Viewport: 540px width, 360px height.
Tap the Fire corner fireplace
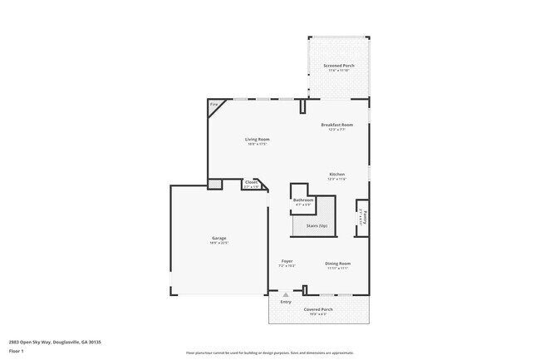[x=214, y=105]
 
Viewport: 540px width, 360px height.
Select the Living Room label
[x=257, y=139]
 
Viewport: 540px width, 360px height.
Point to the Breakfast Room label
[x=336, y=125]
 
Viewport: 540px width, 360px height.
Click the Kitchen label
[x=336, y=174]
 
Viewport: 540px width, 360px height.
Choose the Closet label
[x=251, y=181]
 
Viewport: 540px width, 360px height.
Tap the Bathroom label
[x=303, y=200]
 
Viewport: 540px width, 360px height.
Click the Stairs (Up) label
[x=317, y=225]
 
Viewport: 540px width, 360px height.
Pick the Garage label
[x=218, y=238]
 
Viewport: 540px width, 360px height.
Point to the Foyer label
[x=287, y=261]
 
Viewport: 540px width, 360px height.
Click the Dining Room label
[x=337, y=264]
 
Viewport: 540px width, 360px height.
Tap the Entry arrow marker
[x=286, y=294]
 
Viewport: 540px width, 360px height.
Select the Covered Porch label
[x=319, y=308]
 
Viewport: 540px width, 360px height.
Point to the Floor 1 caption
[x=16, y=351]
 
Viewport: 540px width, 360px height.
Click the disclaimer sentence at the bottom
[x=269, y=353]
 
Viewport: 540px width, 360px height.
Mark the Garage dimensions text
[x=218, y=243]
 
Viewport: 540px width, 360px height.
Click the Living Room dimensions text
[x=257, y=144]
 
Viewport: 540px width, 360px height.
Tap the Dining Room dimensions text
[x=337, y=269]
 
